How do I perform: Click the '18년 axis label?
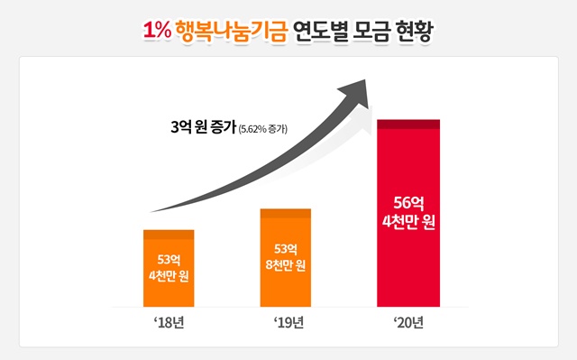coord(169,322)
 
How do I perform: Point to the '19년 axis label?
coord(288,322)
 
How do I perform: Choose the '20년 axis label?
coord(408,322)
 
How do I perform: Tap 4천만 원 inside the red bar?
coord(408,223)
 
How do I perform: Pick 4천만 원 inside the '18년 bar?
coord(169,277)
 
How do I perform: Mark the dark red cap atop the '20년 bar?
coord(408,124)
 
